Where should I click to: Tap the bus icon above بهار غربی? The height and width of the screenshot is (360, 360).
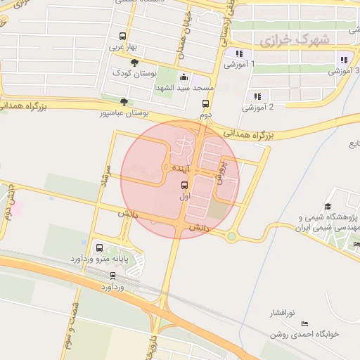(x=123, y=37)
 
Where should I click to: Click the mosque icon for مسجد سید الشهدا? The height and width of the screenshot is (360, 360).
(x=184, y=77)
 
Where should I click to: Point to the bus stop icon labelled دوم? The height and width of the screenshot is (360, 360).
(x=205, y=103)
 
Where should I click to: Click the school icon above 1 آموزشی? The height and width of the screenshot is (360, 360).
(x=239, y=53)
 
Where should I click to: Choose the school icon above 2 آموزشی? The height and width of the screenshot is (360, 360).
(x=257, y=96)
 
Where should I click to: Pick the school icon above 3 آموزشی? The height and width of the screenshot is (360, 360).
(x=344, y=60)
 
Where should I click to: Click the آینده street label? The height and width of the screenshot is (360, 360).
(x=180, y=169)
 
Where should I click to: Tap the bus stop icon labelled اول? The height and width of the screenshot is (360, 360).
(x=184, y=186)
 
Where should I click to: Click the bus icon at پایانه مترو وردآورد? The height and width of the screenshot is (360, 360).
(x=98, y=247)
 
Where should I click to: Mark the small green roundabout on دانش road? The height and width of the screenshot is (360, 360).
(x=231, y=237)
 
